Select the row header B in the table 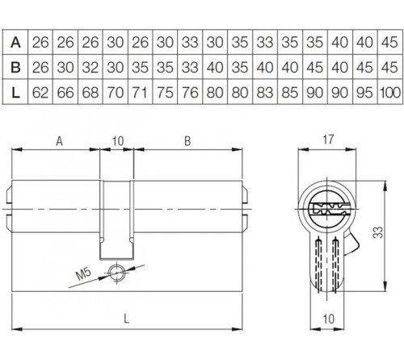pyautogui.click(x=15, y=65)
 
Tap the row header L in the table pyautogui.click(x=15, y=92)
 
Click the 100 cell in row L pyautogui.click(x=389, y=92)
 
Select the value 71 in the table pyautogui.click(x=141, y=92)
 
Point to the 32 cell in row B pyautogui.click(x=90, y=65)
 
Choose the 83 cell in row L pyautogui.click(x=264, y=92)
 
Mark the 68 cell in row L pyautogui.click(x=90, y=92)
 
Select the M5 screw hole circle pyautogui.click(x=119, y=272)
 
